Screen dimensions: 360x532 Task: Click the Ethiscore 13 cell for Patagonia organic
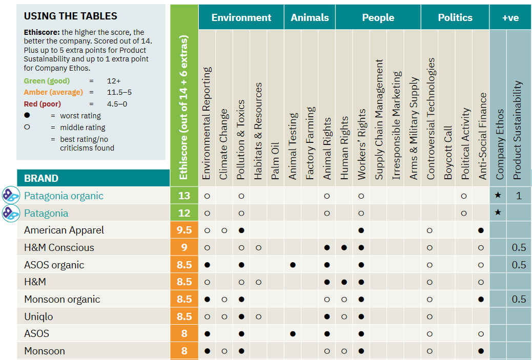click(184, 196)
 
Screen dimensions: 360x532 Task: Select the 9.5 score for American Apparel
click(184, 230)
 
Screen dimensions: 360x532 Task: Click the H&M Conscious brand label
click(59, 247)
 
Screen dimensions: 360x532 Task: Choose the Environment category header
click(241, 17)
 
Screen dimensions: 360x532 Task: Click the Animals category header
click(310, 17)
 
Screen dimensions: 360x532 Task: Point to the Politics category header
click(455, 17)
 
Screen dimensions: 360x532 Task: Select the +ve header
click(510, 17)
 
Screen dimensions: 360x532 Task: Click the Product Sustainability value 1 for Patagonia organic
click(519, 196)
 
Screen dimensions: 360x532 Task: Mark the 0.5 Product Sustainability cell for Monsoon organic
click(519, 299)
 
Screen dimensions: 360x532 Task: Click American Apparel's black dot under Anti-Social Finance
click(481, 230)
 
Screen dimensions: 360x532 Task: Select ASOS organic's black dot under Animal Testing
click(293, 265)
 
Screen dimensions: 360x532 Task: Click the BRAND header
click(42, 178)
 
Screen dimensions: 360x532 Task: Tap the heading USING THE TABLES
click(70, 16)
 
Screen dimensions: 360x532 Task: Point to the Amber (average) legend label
click(53, 92)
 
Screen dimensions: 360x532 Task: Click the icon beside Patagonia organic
click(11, 196)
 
